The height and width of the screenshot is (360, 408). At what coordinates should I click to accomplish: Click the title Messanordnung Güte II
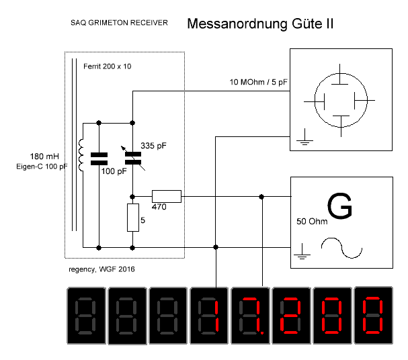click(261, 24)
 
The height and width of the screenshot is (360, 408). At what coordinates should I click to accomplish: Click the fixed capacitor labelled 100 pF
click(99, 159)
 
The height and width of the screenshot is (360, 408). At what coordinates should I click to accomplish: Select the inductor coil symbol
click(82, 155)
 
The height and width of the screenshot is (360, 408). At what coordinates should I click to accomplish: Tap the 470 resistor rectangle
click(167, 196)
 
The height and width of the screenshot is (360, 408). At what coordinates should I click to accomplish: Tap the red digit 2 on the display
click(291, 316)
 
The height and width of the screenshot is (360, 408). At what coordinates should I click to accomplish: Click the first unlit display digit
click(87, 316)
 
